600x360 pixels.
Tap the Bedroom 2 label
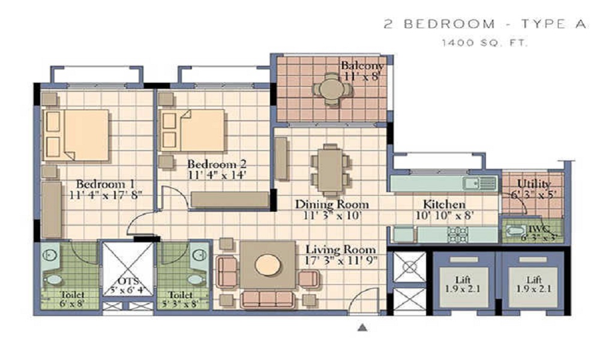pos(217,164)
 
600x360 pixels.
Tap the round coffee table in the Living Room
pos(268,264)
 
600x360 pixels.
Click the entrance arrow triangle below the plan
pos(362,328)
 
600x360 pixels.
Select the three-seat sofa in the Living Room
pos(268,299)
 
